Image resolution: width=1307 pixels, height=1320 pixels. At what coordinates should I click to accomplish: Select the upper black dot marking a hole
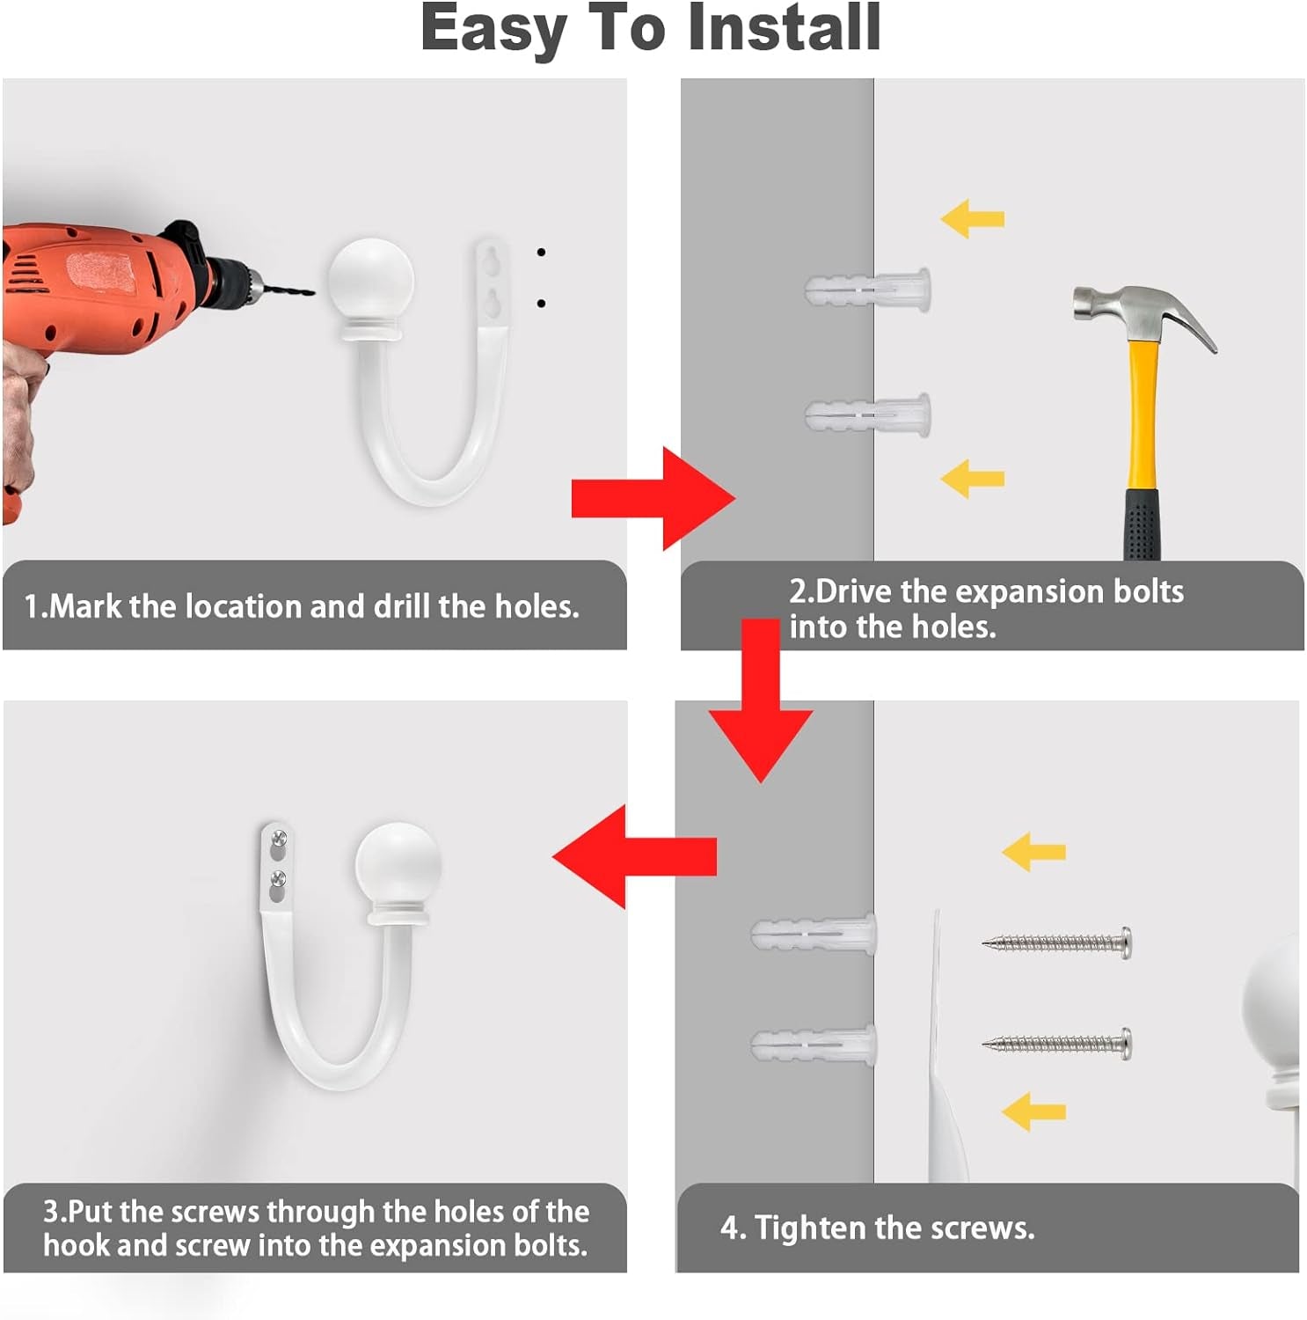(x=541, y=253)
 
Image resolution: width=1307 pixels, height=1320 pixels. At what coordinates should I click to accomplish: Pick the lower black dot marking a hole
(x=541, y=304)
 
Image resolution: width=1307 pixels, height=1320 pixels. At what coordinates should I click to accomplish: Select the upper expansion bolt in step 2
(x=867, y=288)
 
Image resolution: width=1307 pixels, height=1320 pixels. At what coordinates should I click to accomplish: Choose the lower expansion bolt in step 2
(x=867, y=414)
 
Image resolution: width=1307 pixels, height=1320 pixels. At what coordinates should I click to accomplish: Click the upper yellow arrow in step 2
(x=972, y=218)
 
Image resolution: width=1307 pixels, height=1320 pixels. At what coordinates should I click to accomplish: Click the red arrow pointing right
(x=653, y=498)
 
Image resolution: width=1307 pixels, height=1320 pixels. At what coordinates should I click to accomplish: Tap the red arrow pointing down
(x=761, y=700)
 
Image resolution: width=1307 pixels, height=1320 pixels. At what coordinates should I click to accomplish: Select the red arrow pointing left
(x=634, y=855)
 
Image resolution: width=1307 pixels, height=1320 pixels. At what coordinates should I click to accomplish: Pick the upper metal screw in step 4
(x=1056, y=942)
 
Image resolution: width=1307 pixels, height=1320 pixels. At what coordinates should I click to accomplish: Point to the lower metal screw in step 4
(x=1056, y=1044)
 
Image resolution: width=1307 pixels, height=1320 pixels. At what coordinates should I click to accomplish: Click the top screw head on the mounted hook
(x=280, y=838)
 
